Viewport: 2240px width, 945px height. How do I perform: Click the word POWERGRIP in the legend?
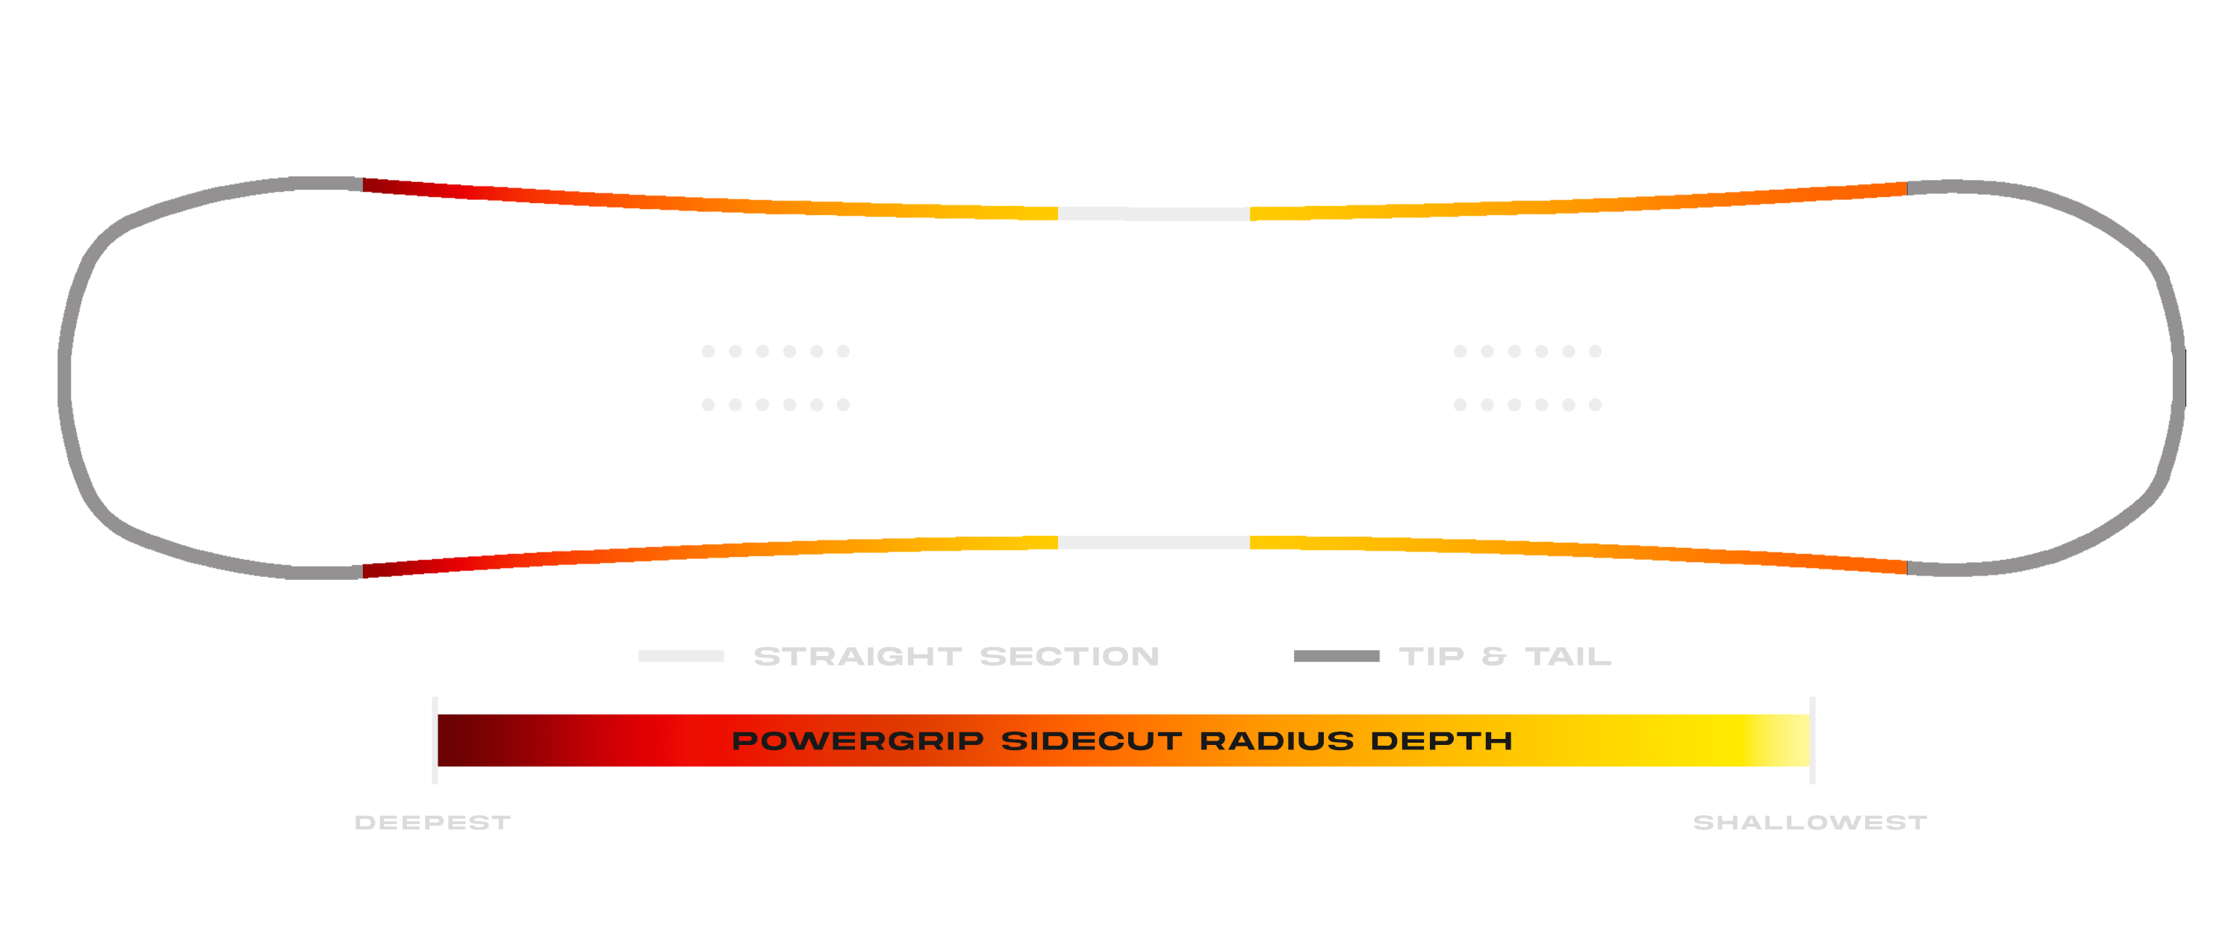pos(857,740)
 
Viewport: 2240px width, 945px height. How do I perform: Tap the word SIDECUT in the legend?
pos(1092,740)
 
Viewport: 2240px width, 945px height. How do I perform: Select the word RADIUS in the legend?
pos(1277,740)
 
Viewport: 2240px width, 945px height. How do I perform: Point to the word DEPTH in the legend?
pos(1441,740)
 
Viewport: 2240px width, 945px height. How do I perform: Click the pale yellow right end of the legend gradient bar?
pos(1791,740)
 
